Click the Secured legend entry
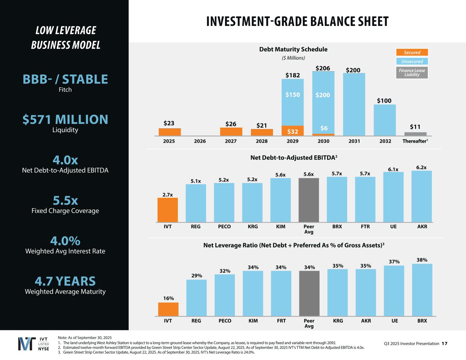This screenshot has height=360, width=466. click(x=412, y=53)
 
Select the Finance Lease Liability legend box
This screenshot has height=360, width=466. click(x=412, y=72)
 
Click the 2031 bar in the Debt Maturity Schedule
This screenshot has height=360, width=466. click(x=354, y=104)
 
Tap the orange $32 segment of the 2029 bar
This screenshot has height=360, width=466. click(x=293, y=131)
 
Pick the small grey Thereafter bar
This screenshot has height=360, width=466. click(x=415, y=134)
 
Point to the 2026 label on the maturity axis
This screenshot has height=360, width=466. click(x=200, y=141)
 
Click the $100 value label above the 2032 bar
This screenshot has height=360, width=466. click(x=384, y=101)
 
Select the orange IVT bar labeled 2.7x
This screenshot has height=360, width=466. click(x=168, y=210)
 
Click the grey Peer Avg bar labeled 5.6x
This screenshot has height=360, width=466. click(x=309, y=200)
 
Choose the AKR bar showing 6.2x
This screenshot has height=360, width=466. click(x=422, y=196)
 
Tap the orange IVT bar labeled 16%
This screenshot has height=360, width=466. click(x=168, y=309)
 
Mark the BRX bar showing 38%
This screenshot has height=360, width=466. click(x=422, y=290)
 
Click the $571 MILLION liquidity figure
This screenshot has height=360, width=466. click(x=65, y=119)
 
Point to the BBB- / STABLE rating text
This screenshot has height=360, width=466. click(x=65, y=79)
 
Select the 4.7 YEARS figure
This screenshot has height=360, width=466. click(x=65, y=281)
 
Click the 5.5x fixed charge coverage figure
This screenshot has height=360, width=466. click(x=65, y=200)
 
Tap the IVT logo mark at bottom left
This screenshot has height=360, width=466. click(x=27, y=344)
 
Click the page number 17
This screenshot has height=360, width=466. click(x=444, y=344)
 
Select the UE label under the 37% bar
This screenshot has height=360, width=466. click(x=394, y=321)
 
